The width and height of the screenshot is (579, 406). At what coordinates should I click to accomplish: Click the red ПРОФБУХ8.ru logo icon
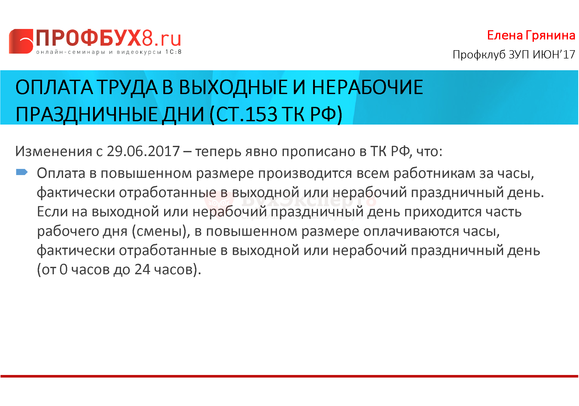pyautogui.click(x=21, y=41)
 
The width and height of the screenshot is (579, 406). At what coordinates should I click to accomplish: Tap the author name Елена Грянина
pyautogui.click(x=531, y=35)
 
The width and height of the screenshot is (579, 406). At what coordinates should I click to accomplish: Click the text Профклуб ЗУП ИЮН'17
pyautogui.click(x=514, y=54)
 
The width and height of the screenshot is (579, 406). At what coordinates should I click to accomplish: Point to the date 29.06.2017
pyautogui.click(x=143, y=151)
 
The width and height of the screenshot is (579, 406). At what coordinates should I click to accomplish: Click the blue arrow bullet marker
pyautogui.click(x=22, y=172)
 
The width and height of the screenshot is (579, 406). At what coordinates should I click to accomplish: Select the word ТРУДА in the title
pyautogui.click(x=128, y=87)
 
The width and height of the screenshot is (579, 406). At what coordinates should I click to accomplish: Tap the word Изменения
pyautogui.click(x=54, y=151)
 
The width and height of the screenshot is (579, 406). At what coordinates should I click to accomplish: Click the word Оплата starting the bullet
pyautogui.click(x=61, y=173)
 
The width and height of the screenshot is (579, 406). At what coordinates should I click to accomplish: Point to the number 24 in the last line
pyautogui.click(x=142, y=269)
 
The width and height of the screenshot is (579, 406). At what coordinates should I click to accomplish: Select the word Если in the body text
pyautogui.click(x=53, y=212)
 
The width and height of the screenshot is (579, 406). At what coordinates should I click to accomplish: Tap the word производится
pyautogui.click(x=305, y=174)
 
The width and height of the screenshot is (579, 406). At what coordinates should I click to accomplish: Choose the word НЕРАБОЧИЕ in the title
pyautogui.click(x=367, y=87)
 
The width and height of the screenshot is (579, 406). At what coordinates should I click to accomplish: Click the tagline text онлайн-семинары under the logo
pyautogui.click(x=71, y=52)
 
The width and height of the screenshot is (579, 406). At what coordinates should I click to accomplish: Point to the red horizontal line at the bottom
pyautogui.click(x=289, y=376)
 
